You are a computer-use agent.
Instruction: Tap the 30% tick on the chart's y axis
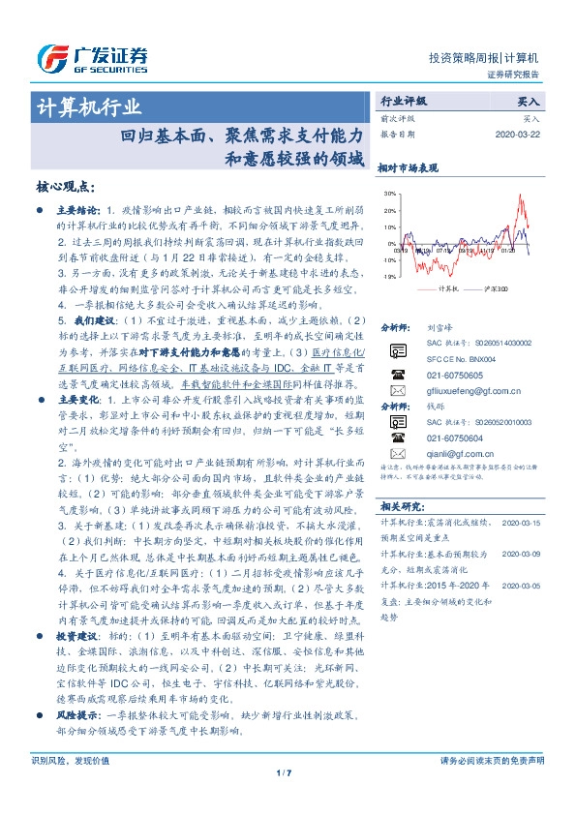click(x=390, y=194)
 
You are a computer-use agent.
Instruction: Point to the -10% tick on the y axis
click(x=389, y=276)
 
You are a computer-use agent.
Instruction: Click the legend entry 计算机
click(x=447, y=288)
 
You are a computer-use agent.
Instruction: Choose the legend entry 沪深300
click(x=499, y=288)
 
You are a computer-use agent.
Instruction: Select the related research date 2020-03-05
click(x=523, y=587)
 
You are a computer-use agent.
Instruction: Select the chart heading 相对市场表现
click(x=408, y=166)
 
